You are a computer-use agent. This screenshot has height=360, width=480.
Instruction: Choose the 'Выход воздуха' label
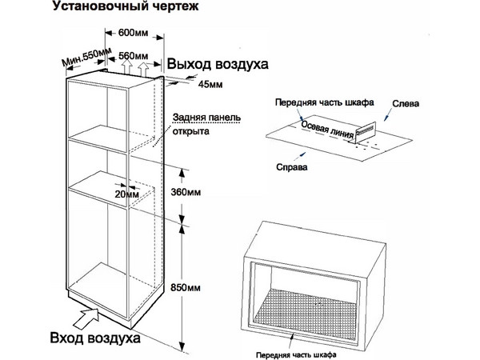(x=217, y=64)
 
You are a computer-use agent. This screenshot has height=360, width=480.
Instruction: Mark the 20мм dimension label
(x=126, y=194)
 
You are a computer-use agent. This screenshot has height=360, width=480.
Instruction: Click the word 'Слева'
(x=405, y=104)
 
